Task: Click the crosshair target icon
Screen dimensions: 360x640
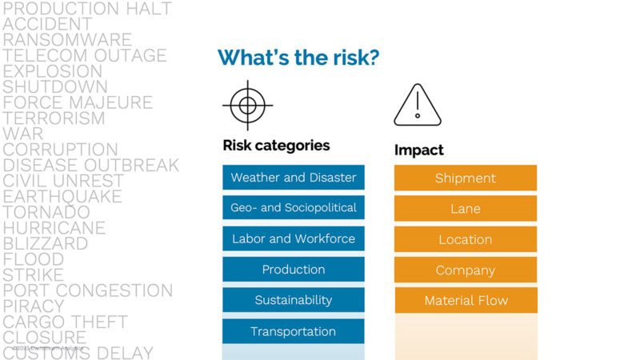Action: click(248, 105)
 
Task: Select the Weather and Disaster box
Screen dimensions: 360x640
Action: click(294, 178)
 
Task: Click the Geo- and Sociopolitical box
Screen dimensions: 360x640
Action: click(294, 208)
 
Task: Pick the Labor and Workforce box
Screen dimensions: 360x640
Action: click(294, 239)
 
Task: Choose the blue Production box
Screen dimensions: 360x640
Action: click(294, 270)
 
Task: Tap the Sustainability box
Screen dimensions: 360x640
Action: click(294, 300)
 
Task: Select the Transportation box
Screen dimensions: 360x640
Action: click(294, 331)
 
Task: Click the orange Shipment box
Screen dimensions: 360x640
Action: click(466, 178)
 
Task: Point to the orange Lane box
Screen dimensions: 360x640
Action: click(466, 209)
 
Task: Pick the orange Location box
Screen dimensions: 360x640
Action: click(466, 239)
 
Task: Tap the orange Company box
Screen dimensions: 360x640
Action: click(466, 270)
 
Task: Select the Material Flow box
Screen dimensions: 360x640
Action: click(466, 301)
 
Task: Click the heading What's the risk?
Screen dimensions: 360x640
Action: click(298, 58)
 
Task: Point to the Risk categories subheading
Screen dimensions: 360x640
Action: click(276, 146)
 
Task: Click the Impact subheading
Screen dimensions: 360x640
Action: click(419, 150)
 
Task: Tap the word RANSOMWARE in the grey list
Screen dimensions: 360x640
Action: click(67, 40)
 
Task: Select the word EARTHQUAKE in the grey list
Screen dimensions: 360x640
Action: click(62, 197)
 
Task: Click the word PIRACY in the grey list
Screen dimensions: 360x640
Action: click(34, 306)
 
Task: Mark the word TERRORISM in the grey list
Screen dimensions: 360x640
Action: click(54, 118)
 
